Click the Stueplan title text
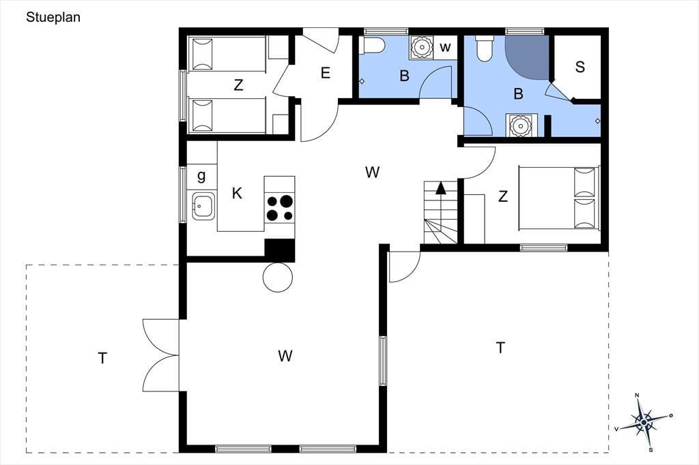point(53,17)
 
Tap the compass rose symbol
point(644,422)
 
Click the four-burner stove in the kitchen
point(279,208)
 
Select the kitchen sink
point(203,206)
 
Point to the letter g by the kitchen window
point(201,176)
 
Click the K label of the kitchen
point(237,194)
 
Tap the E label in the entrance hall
point(326,73)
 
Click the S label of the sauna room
point(580,67)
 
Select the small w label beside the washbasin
point(445,47)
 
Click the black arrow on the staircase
point(441,188)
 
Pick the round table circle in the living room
point(278,277)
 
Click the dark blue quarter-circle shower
point(526,57)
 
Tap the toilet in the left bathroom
point(373,45)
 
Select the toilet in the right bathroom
point(485,48)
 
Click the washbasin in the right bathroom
point(519,125)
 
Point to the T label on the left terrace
point(102,358)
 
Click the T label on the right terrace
point(500,348)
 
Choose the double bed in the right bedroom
point(559,198)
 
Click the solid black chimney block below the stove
point(279,250)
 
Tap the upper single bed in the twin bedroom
point(229,54)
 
